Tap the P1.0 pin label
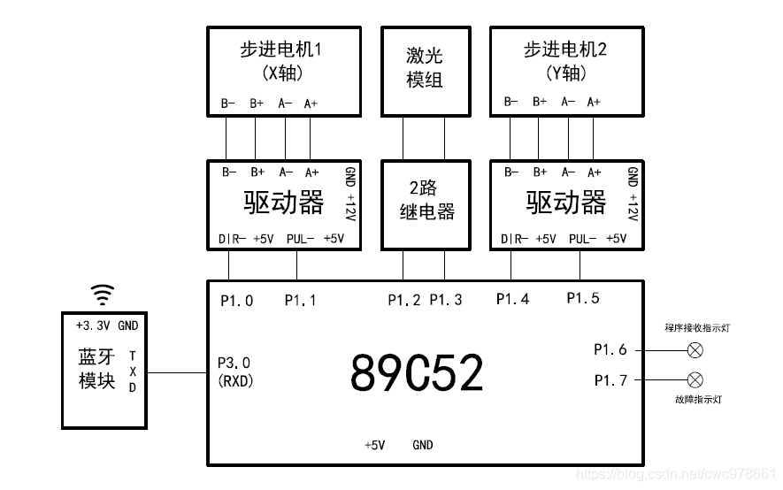tap(236, 301)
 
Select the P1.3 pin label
tap(446, 300)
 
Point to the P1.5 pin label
tap(583, 298)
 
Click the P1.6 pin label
tap(610, 350)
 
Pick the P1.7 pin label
tap(610, 380)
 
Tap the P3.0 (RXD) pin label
tap(234, 371)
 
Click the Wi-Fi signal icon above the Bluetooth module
tap(104, 294)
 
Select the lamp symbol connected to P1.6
tap(695, 350)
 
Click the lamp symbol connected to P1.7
tap(695, 380)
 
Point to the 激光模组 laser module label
tap(425, 68)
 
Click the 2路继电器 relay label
tap(425, 200)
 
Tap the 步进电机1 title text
tap(280, 50)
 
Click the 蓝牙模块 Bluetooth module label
tap(97, 369)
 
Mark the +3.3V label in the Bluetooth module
tap(93, 325)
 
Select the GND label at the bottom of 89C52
tap(423, 445)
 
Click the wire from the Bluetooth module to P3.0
tap(175, 373)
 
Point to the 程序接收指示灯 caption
tap(698, 328)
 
